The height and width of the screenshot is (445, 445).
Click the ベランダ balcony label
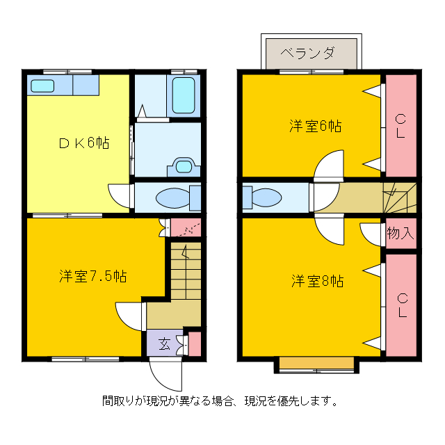[x=307, y=53]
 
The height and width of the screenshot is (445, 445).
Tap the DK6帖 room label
[x=84, y=143]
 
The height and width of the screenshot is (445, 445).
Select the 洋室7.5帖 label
[x=92, y=276]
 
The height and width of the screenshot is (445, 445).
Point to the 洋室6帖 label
[x=315, y=126]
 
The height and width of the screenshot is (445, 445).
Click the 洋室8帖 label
[x=317, y=281]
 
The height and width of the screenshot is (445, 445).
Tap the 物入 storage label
[x=400, y=233]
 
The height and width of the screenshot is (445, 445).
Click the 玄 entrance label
[x=165, y=343]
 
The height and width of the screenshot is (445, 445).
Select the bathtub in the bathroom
[x=184, y=95]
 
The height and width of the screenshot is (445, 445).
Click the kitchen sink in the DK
[x=42, y=86]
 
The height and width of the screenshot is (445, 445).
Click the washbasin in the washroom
[x=184, y=166]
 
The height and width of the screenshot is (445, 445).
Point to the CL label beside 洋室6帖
[x=400, y=126]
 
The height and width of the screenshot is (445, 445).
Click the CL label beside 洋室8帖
[x=402, y=305]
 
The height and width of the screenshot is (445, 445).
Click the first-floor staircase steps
[x=186, y=270]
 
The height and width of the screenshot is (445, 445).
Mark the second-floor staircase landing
[x=400, y=197]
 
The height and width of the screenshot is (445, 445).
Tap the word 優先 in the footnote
[x=288, y=401]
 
